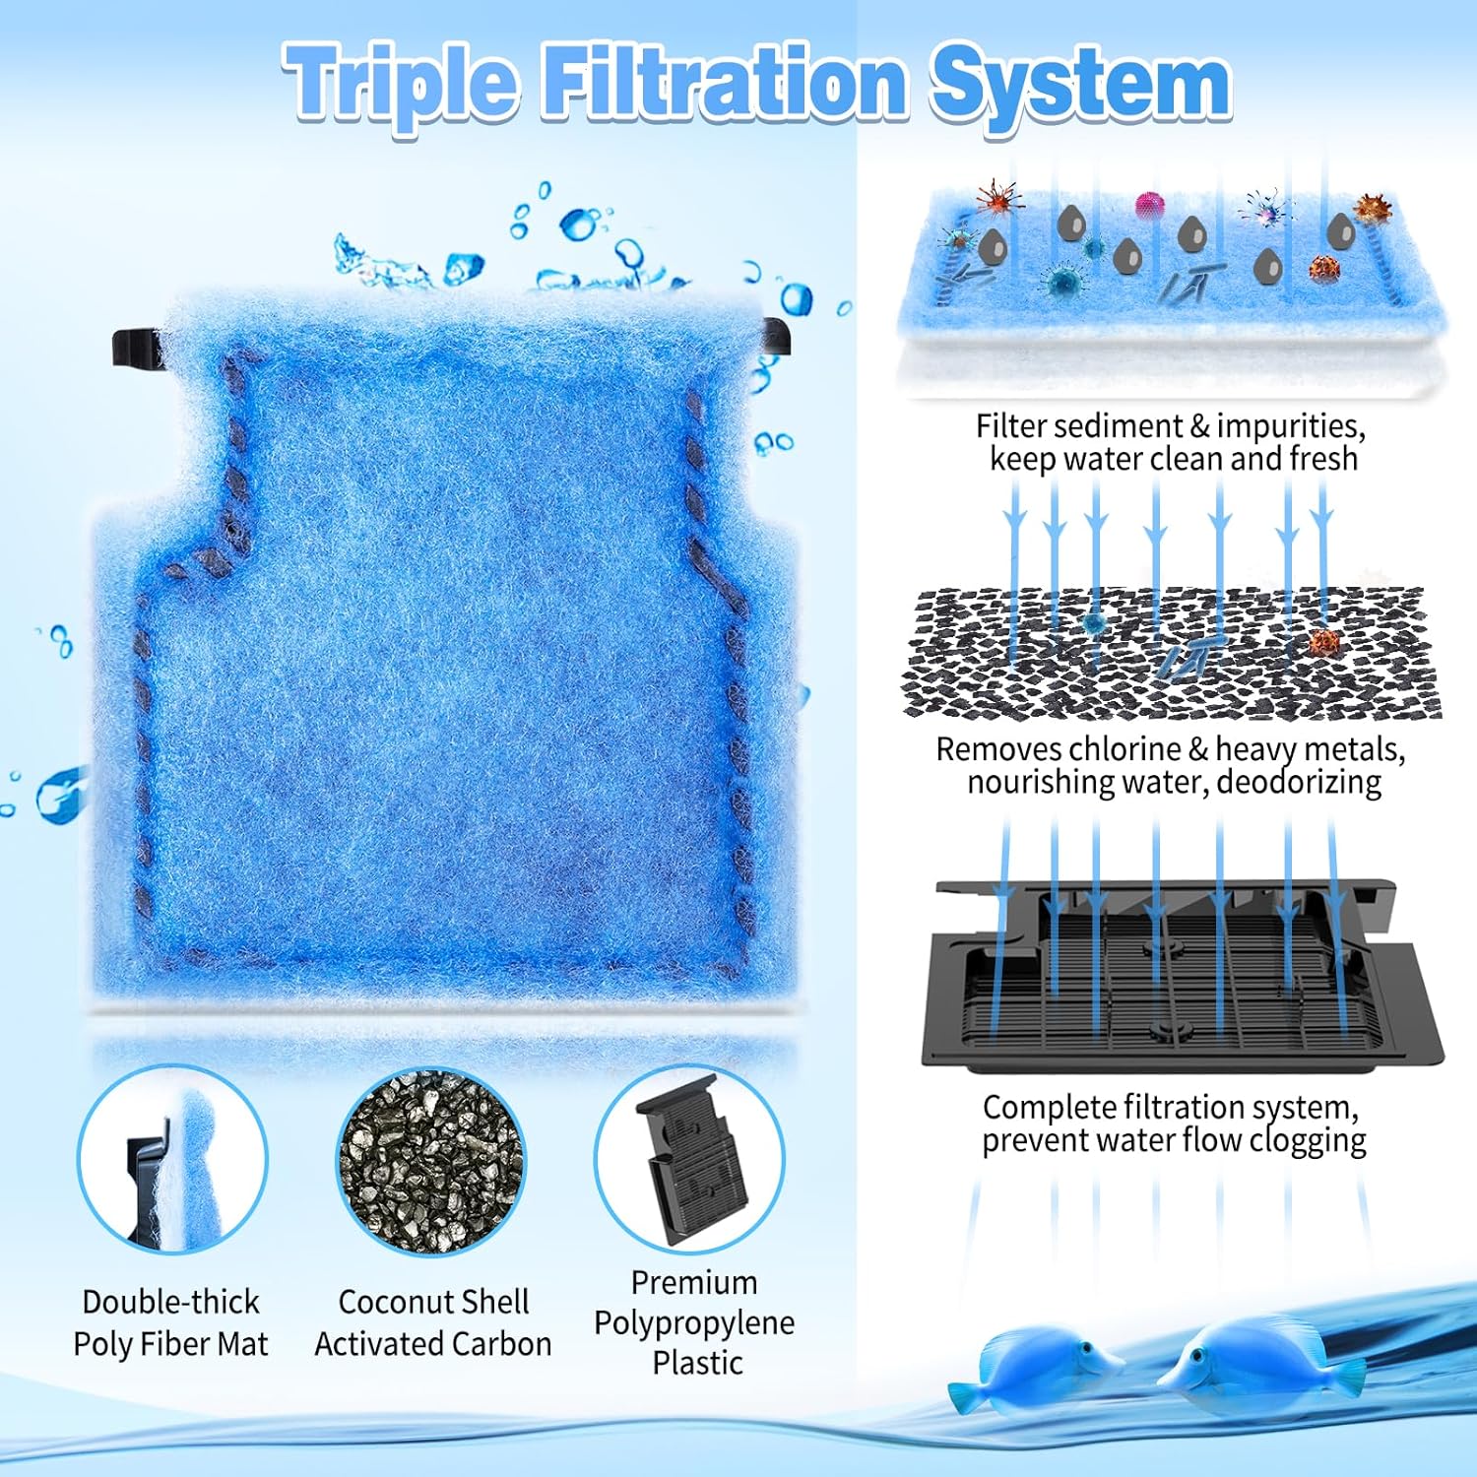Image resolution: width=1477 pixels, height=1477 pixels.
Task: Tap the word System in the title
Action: (x=1081, y=85)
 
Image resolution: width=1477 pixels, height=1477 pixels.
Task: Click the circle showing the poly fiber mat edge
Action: (x=172, y=1159)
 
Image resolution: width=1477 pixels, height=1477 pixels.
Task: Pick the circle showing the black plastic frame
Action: (x=689, y=1159)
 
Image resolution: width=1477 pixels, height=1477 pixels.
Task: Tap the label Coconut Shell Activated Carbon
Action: (x=433, y=1322)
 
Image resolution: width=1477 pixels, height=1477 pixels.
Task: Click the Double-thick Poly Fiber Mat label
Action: (x=170, y=1322)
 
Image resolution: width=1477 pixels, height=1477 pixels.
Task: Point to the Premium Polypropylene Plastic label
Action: (x=695, y=1322)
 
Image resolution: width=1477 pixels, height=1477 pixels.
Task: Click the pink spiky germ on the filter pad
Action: (x=1149, y=205)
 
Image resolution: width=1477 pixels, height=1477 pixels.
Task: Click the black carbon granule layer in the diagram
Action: (x=1172, y=653)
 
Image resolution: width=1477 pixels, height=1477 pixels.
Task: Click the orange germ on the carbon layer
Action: (x=1324, y=642)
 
